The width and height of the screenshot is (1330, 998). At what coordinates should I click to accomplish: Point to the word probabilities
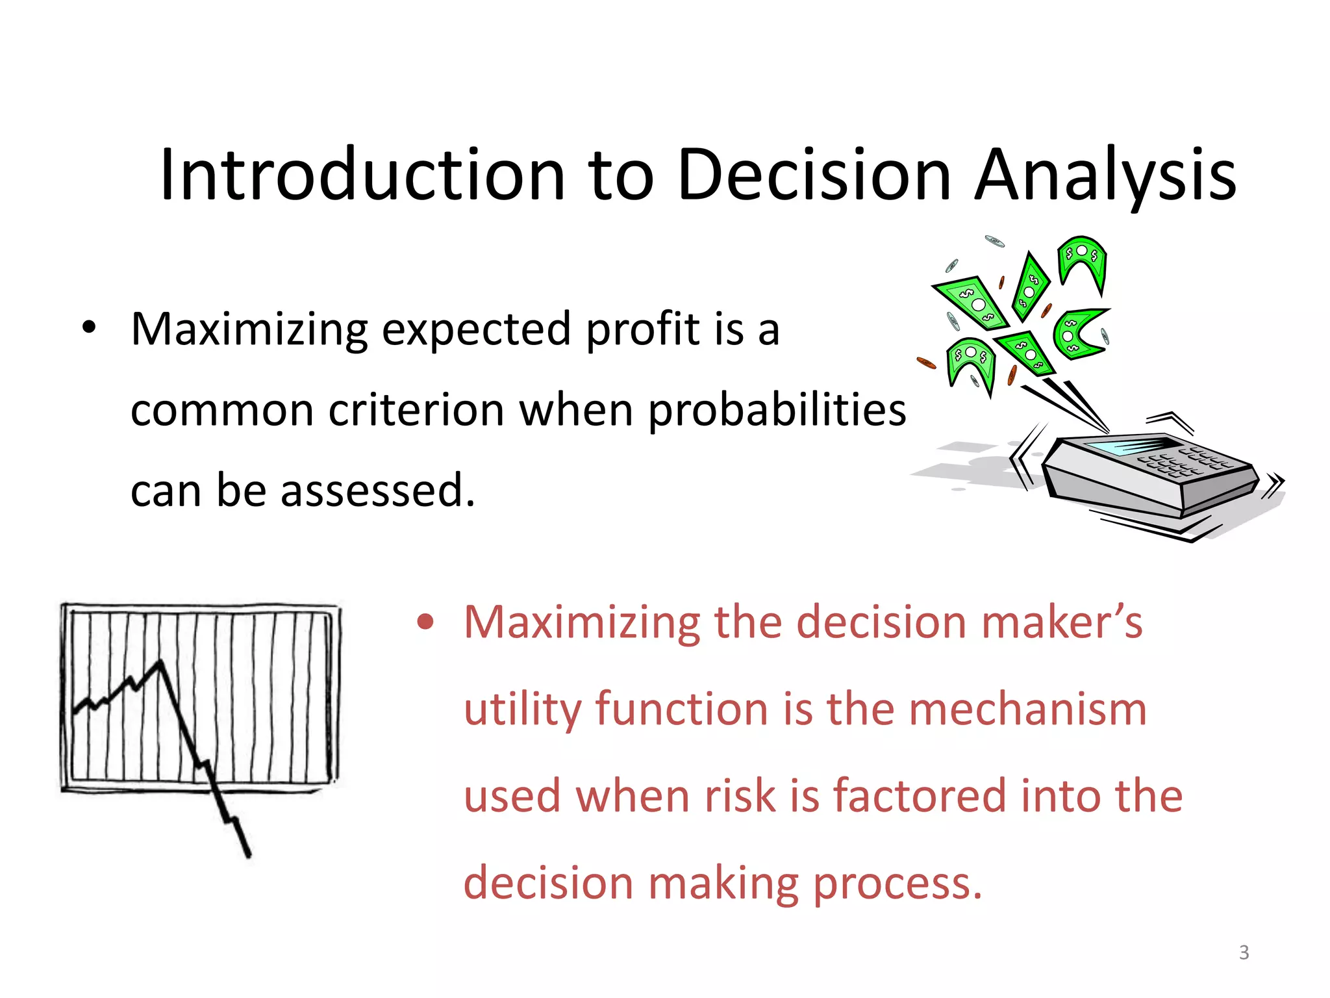[x=777, y=411]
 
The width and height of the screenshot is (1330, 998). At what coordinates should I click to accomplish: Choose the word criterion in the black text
[x=416, y=411]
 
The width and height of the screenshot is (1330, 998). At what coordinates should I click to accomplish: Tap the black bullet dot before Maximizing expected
[x=89, y=327]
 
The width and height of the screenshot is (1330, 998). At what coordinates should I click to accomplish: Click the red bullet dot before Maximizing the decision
[x=425, y=622]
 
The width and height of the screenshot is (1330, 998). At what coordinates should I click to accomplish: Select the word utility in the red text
[x=522, y=710]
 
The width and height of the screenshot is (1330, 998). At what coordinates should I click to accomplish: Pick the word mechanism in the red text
[x=1027, y=710]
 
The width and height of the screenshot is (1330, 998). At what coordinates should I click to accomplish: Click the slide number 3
[x=1244, y=953]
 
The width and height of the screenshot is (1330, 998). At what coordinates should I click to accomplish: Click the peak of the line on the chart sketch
[x=160, y=663]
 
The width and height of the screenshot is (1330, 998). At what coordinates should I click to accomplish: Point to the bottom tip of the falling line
[x=248, y=855]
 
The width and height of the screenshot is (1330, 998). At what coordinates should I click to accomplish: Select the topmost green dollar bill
[x=1082, y=257]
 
